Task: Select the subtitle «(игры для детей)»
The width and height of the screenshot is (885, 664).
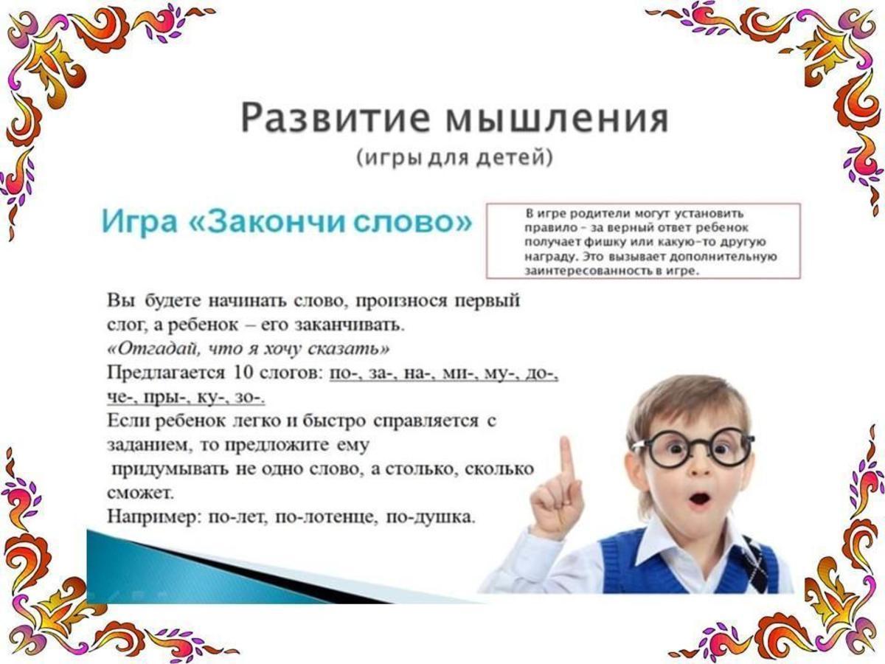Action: [454, 158]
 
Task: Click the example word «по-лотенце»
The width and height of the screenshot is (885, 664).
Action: [327, 518]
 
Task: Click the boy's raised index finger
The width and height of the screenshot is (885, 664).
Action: [567, 468]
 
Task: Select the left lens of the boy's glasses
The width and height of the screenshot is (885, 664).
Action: [668, 449]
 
